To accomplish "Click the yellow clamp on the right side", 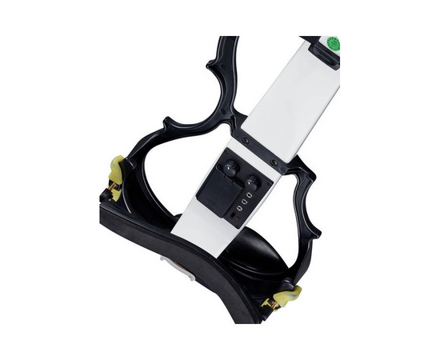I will pos(287,297).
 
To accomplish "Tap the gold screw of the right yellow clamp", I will pos(272,302).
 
